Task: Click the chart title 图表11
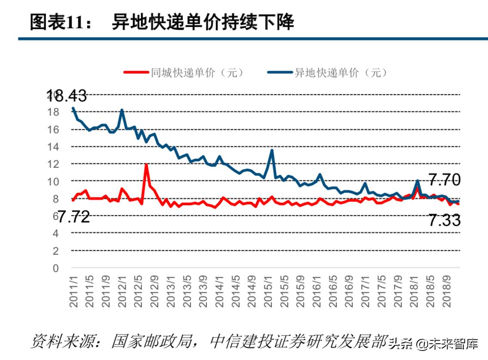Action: tap(60, 21)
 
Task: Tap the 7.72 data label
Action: tap(74, 217)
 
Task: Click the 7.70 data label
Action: tap(444, 180)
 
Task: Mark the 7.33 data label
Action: tap(444, 220)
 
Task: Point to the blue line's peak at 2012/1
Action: tap(122, 110)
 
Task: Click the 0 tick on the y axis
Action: tap(56, 268)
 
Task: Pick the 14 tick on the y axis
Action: tap(53, 147)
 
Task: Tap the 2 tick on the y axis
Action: tap(56, 251)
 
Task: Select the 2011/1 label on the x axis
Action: tap(74, 291)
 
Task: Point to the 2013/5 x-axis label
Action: tap(188, 291)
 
